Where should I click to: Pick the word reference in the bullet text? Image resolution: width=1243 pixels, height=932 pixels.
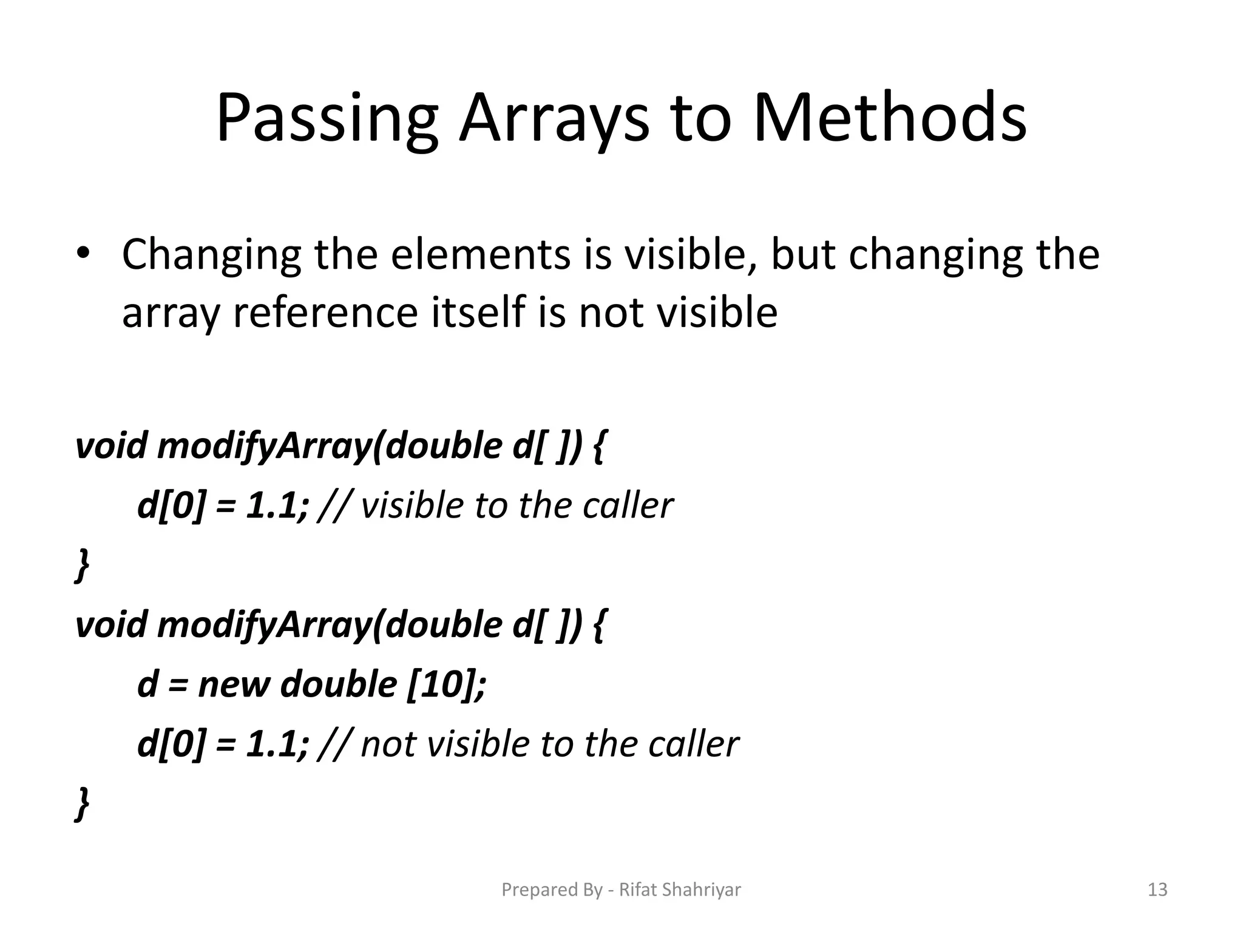(325, 313)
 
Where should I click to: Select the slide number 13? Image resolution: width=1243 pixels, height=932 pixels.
(1157, 890)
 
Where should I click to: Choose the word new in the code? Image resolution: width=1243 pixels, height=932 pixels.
(233, 684)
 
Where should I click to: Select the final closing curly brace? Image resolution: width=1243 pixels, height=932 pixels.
(83, 803)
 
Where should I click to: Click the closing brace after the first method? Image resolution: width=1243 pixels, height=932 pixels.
(83, 564)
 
